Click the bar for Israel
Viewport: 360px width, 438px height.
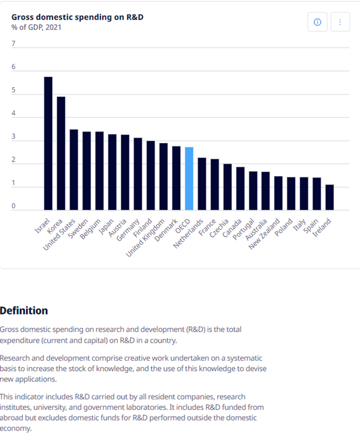pos(48,144)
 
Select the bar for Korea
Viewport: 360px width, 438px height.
pos(61,154)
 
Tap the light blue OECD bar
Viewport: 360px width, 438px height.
pos(189,179)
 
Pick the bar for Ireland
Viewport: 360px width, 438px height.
pos(329,197)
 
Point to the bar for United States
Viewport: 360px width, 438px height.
pos(74,170)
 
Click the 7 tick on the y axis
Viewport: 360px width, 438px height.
pos(13,44)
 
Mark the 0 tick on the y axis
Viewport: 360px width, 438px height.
pos(13,206)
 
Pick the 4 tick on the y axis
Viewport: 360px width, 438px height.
pos(13,114)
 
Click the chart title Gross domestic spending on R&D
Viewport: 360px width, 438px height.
pos(77,17)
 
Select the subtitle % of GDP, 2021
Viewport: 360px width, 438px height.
pos(36,27)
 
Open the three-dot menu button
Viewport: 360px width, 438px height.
pos(340,22)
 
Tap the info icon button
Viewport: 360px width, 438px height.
pos(317,22)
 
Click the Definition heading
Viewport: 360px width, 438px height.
pos(24,310)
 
